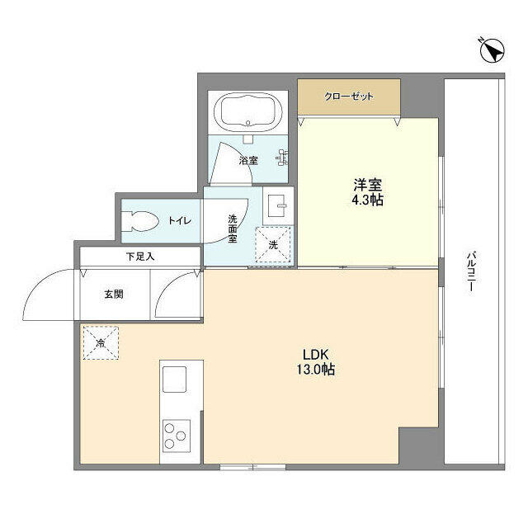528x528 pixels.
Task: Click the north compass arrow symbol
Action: coord(492,50)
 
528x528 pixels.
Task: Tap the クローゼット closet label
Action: coord(349,97)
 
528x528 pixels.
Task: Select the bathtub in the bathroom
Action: coord(248,112)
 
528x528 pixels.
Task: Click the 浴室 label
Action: coord(248,161)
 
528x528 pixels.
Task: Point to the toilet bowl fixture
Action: coord(140,221)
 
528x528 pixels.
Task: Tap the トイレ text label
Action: coord(180,221)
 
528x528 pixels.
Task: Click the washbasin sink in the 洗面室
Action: coord(277,206)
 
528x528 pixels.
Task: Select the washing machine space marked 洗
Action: coord(273,244)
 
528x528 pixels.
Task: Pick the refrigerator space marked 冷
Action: coord(101,343)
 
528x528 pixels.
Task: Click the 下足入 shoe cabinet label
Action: coord(140,257)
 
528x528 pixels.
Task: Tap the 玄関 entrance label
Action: coord(114,295)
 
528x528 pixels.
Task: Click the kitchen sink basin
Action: coord(174,379)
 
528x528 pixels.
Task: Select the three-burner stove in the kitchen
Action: coord(177,436)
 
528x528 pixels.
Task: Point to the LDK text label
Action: coord(315,355)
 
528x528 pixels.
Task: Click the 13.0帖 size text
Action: coord(315,370)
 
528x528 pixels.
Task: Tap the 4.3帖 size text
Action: coord(367,200)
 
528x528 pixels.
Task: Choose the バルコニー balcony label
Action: coord(471,272)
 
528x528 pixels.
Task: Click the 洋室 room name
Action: coord(367,185)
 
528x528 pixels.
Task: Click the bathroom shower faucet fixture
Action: coord(282,158)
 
